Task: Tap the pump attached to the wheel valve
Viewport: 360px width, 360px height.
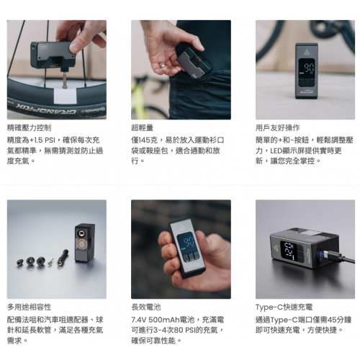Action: (x=48, y=53)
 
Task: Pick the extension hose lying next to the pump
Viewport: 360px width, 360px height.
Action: (x=63, y=256)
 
